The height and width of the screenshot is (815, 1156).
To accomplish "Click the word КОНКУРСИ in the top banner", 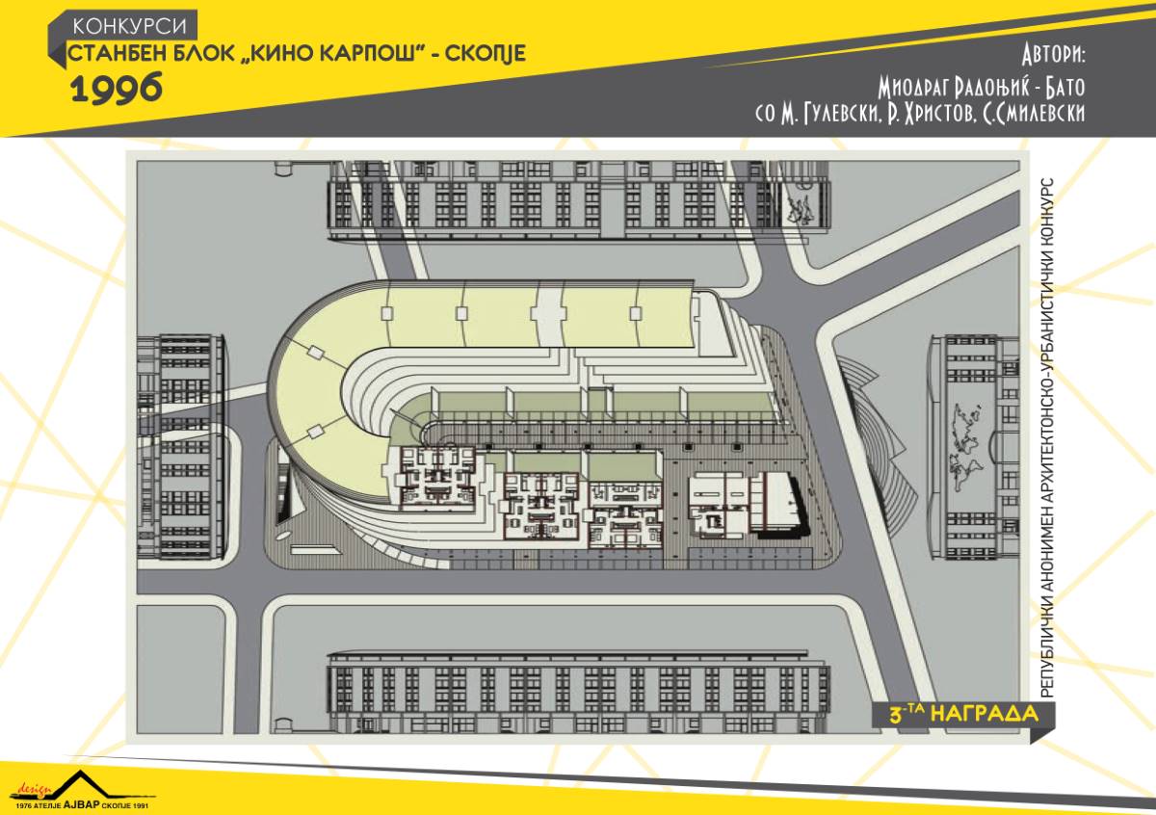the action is pos(129,26).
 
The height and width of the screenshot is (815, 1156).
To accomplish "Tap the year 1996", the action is pos(117,88).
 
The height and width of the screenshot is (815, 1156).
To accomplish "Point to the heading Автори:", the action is pos(1053,54).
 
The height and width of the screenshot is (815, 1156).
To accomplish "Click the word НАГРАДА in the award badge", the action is pos(985,714).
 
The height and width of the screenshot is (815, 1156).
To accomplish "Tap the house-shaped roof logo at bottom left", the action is pos(82,786).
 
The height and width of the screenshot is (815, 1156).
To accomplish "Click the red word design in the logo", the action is pos(35,789).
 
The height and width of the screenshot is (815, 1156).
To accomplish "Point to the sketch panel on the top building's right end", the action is pos(802,208).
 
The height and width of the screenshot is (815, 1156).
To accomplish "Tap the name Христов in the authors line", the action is pos(937,114).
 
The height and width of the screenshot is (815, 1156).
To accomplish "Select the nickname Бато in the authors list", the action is pos(1065,87).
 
